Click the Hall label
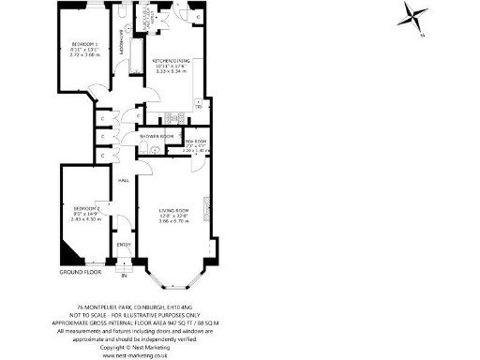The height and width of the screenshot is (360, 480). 123,182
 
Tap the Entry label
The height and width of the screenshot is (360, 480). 123,245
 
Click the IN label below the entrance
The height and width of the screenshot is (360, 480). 123,277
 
